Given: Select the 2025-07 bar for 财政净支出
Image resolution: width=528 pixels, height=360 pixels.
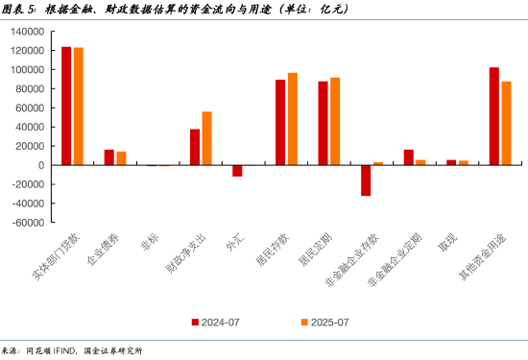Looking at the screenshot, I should [x=206, y=138].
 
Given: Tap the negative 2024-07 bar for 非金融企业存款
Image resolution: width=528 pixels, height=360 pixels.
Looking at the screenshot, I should [x=366, y=180].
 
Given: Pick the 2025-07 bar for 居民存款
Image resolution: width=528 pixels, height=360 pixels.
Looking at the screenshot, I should [x=293, y=119].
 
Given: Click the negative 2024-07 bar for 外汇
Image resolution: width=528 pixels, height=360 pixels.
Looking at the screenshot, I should [x=237, y=171].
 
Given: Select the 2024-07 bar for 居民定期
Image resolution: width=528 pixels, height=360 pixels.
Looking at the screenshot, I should [x=323, y=123].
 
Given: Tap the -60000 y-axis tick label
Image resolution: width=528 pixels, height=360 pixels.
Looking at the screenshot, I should [x=27, y=222].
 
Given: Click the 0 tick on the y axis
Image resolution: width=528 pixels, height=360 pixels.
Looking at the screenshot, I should [x=40, y=165].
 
